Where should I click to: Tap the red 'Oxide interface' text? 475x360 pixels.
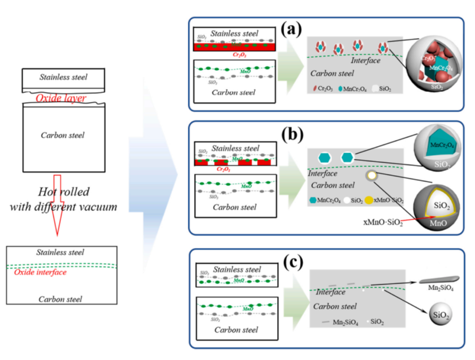click(40, 272)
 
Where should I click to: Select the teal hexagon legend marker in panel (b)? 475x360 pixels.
click(313, 200)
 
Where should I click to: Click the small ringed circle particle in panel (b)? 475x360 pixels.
click(372, 176)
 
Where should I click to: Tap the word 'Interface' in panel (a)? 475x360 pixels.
click(365, 61)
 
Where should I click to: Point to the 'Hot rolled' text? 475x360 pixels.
click(63, 191)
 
